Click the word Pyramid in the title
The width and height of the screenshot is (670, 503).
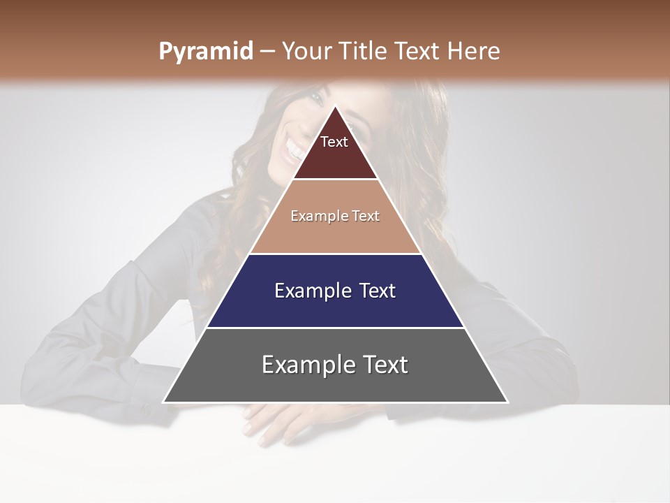point(206,52)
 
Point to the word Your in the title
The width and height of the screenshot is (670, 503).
point(307,51)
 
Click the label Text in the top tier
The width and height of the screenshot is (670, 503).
point(334,142)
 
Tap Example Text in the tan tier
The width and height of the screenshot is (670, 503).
point(335,216)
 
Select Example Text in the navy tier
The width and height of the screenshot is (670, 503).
point(335,291)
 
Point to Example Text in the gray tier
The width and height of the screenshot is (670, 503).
point(335,365)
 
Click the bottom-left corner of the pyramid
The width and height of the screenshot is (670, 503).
point(164,402)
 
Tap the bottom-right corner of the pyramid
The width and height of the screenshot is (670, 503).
point(507,402)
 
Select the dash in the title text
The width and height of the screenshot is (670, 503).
point(267,52)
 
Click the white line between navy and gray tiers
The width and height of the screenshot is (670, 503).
point(335,328)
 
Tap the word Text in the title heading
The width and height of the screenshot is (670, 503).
point(418,51)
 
